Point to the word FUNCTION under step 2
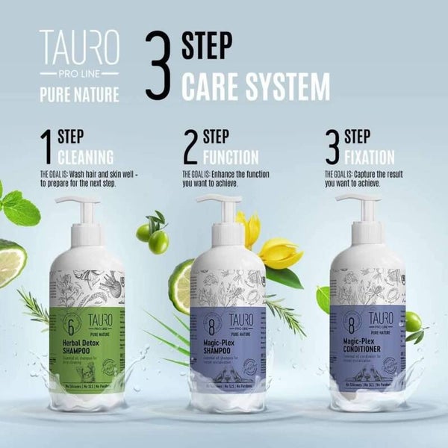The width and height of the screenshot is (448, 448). [x=230, y=158]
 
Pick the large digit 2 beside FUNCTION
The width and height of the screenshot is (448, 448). [x=190, y=148]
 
